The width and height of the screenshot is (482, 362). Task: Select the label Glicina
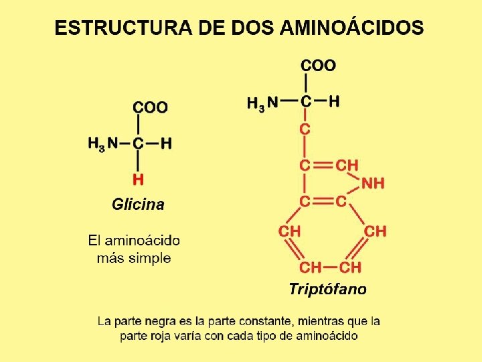click(x=138, y=204)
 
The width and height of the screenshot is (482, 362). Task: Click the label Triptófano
click(x=327, y=290)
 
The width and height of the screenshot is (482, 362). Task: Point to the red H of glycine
click(x=138, y=179)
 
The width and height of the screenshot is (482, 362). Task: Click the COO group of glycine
click(x=150, y=107)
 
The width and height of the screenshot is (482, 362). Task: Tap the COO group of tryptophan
click(x=318, y=65)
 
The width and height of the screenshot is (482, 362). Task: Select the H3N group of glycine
click(x=102, y=143)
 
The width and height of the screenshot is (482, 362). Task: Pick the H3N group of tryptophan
click(x=262, y=103)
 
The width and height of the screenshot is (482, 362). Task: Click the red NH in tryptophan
click(x=373, y=183)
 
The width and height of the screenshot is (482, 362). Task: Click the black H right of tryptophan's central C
click(x=334, y=101)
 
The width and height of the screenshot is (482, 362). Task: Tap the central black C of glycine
click(x=138, y=143)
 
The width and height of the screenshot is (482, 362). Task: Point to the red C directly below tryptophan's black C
click(x=305, y=129)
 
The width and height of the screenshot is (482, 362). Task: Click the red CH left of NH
click(x=347, y=165)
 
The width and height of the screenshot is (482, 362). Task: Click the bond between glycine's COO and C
click(x=138, y=125)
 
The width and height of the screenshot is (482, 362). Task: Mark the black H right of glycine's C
click(x=166, y=143)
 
